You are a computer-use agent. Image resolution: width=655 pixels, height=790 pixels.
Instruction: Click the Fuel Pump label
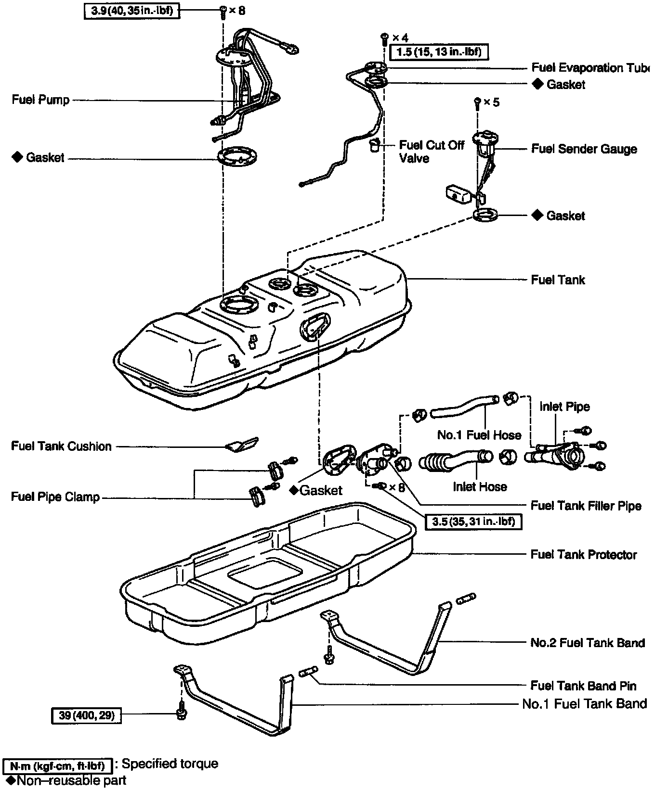coord(41,100)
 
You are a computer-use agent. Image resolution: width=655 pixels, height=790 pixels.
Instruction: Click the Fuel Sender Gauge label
coord(584,149)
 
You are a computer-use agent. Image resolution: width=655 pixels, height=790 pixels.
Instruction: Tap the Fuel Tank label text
coord(558,280)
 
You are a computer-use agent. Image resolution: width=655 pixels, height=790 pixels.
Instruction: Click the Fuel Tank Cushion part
coord(242,445)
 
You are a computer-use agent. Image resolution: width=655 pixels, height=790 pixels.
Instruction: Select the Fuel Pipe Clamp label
coord(55,497)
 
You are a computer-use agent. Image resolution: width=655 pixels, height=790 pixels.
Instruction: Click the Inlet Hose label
coord(480,486)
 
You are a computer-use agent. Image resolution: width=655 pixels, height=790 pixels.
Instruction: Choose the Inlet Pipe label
coord(564,407)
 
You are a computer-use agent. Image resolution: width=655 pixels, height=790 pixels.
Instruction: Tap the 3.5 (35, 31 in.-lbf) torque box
coord(473,522)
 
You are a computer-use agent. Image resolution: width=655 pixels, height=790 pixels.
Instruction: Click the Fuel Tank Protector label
coord(584,555)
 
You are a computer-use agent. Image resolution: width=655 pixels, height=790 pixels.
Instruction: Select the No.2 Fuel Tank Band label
coord(588,643)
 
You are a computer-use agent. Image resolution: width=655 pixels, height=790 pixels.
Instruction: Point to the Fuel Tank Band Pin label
coord(583,686)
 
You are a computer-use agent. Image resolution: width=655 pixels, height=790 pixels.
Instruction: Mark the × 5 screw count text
coord(491,102)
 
